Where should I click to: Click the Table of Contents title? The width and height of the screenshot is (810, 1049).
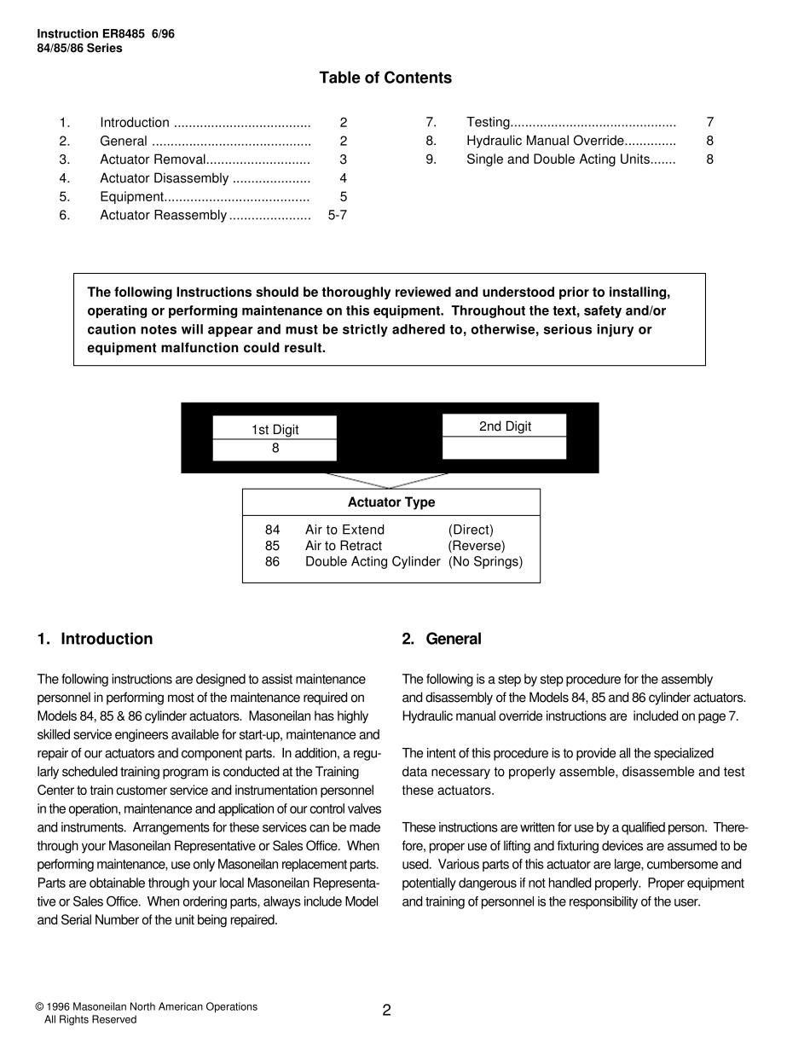385,78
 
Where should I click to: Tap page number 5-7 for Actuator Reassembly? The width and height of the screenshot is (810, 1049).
337,216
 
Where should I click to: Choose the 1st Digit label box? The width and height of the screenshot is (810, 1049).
275,429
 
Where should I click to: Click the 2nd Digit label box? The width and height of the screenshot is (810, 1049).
505,426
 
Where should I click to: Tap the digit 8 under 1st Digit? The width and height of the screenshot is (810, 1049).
275,449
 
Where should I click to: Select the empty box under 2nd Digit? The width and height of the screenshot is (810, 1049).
505,448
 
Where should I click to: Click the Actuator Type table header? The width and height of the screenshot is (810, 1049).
391,503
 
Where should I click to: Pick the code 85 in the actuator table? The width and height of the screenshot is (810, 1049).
272,546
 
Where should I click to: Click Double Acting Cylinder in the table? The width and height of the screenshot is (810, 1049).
373,562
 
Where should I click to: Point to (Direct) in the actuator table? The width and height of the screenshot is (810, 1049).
471,530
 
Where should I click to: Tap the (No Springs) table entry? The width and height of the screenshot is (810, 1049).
485,562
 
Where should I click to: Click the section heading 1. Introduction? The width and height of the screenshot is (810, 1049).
95,639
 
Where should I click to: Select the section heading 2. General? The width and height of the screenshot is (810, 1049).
442,639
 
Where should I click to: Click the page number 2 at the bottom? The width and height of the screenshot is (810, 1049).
386,1011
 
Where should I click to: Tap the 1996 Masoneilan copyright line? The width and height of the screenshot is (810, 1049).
146,1007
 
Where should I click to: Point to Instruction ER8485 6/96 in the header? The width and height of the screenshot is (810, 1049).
106,34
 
